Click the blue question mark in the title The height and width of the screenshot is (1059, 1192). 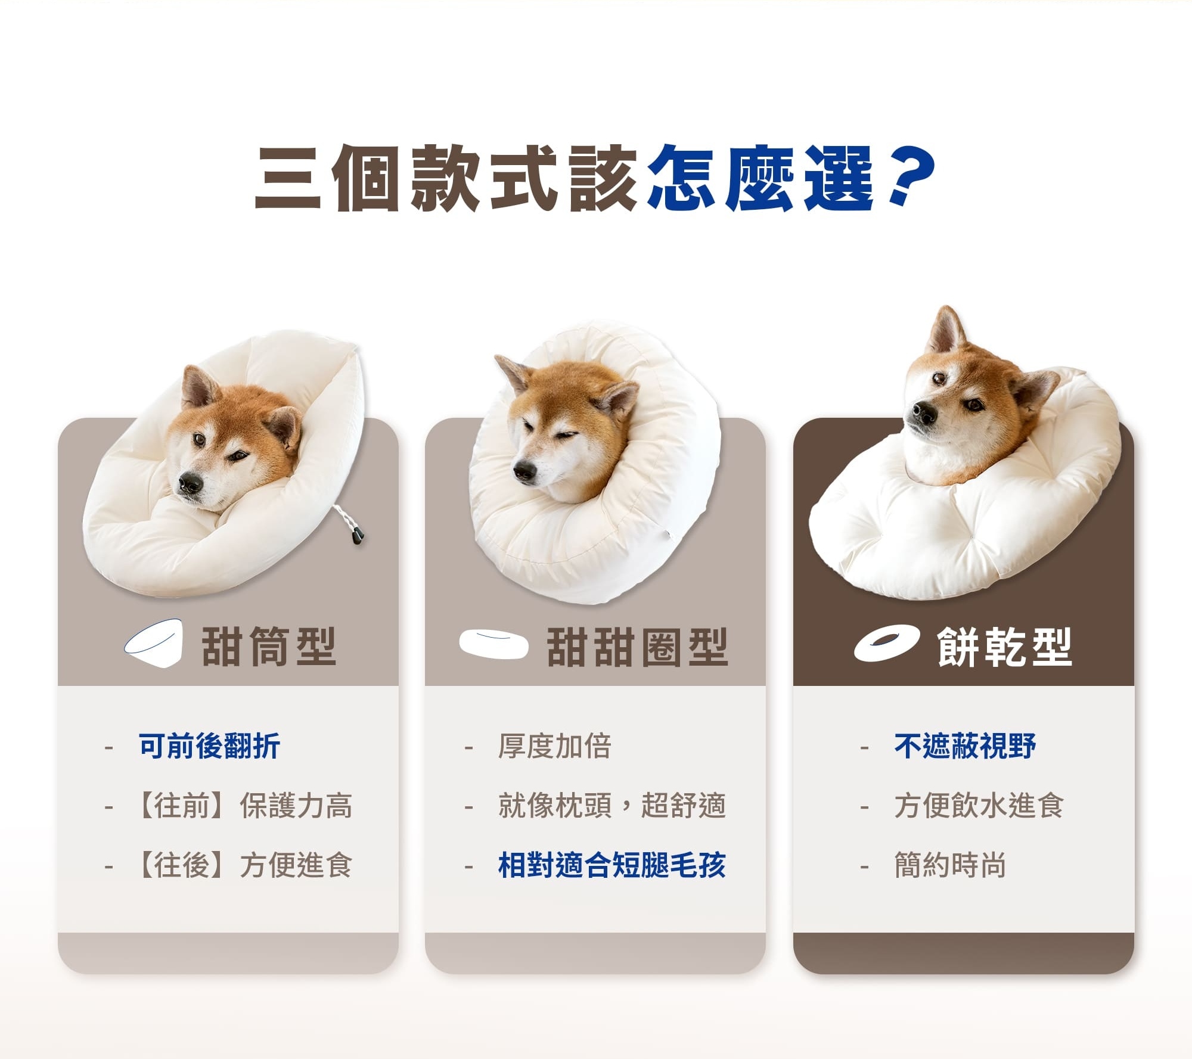[x=910, y=176]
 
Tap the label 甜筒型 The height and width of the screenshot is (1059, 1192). [x=269, y=646]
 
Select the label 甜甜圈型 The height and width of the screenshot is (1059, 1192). [x=637, y=647]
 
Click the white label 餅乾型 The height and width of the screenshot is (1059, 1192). [x=1004, y=647]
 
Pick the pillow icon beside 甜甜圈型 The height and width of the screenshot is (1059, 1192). [x=493, y=644]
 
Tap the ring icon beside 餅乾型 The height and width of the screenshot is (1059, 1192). [x=886, y=643]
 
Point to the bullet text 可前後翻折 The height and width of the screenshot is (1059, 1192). [x=209, y=746]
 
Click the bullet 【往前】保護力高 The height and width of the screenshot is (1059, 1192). [x=245, y=806]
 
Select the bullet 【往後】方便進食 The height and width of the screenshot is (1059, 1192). [x=245, y=865]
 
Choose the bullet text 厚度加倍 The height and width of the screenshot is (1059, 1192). [x=554, y=746]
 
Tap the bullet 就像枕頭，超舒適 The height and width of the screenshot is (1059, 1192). [x=612, y=806]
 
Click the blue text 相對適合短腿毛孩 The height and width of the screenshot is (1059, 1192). [x=612, y=865]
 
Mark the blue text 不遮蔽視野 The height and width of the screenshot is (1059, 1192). [x=965, y=746]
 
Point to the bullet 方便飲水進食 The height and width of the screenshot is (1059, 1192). [x=979, y=806]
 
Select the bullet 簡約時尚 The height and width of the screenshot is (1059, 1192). [x=950, y=865]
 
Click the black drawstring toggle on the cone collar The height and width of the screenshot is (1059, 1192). [x=357, y=537]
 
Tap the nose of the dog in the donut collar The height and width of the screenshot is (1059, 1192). [x=525, y=472]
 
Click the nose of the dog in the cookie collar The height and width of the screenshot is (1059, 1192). [x=923, y=412]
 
